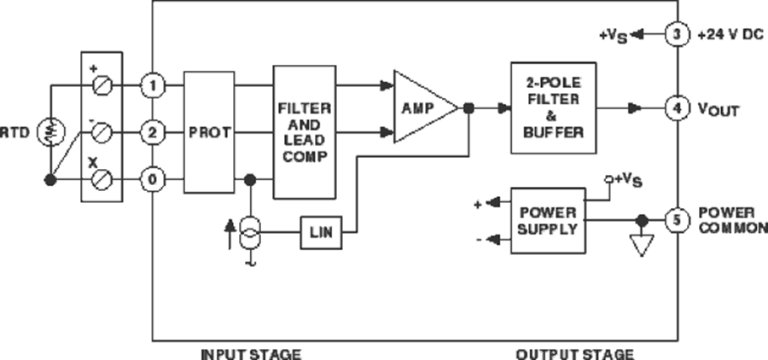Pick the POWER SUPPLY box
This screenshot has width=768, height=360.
tap(548, 220)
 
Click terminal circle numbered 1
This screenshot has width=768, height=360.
tap(152, 85)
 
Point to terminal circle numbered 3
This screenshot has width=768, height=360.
tap(677, 35)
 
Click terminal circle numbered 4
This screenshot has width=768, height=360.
tap(677, 108)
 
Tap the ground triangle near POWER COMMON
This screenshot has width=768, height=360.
tap(641, 246)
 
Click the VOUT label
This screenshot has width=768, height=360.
tap(717, 109)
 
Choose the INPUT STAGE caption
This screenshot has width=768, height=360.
tap(251, 352)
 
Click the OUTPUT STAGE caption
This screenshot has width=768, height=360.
tap(575, 352)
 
